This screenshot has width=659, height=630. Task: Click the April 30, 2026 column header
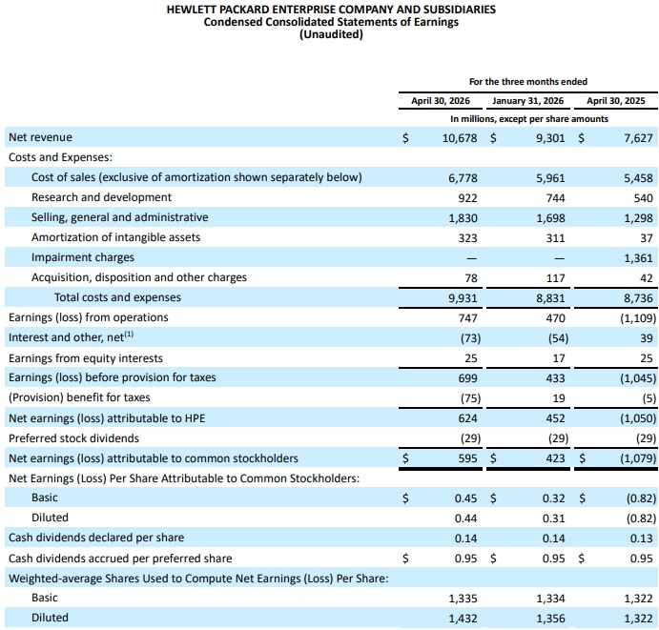click(x=441, y=101)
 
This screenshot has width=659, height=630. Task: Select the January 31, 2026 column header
click(x=528, y=101)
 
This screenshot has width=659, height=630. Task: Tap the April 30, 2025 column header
click(x=616, y=101)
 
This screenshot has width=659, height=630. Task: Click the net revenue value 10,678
click(x=460, y=138)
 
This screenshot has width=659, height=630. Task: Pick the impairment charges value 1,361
click(x=638, y=258)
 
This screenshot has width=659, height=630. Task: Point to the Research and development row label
click(x=101, y=197)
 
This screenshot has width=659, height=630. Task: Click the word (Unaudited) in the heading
click(x=331, y=34)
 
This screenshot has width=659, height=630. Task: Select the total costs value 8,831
click(x=550, y=298)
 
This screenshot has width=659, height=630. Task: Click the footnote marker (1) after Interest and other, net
click(x=129, y=335)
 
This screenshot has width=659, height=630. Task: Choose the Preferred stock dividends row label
click(x=73, y=438)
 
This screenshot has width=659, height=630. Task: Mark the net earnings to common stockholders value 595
click(x=467, y=458)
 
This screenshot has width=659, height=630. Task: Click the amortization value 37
click(x=647, y=238)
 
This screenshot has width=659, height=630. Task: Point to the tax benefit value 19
click(x=559, y=398)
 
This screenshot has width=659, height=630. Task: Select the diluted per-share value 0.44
click(x=465, y=518)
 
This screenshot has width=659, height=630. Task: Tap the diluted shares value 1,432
click(x=463, y=619)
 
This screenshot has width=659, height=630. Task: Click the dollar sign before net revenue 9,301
click(x=493, y=138)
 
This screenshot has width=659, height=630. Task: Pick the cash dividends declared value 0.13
click(x=641, y=539)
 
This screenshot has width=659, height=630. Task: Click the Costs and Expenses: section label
click(x=60, y=157)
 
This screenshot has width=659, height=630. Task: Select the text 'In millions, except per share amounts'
click(x=529, y=119)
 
